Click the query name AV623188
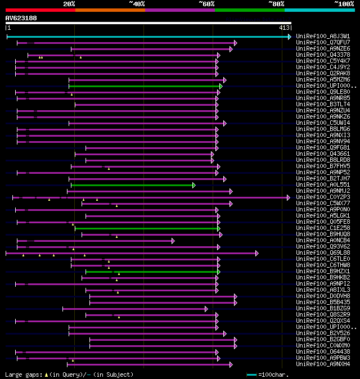pyautogui.click(x=21, y=18)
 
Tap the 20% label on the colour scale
pyautogui.click(x=69, y=4)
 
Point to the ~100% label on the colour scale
pyautogui.click(x=344, y=4)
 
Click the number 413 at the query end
pyautogui.click(x=283, y=27)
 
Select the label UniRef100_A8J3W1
pyautogui.click(x=322, y=36)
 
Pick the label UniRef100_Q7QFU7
pyautogui.click(x=322, y=42)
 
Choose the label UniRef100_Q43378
pyautogui.click(x=322, y=55)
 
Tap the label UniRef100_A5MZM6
pyautogui.click(x=322, y=79)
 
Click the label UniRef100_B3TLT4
pyautogui.click(x=322, y=104)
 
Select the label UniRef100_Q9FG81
pyautogui.click(x=322, y=147)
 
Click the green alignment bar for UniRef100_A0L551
pyautogui.click(x=132, y=184)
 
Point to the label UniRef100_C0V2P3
pyautogui.click(x=322, y=197)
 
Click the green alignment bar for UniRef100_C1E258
pyautogui.click(x=146, y=228)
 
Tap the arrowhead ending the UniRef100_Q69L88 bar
pyautogui.click(x=257, y=253)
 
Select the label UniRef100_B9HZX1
pyautogui.click(x=322, y=271)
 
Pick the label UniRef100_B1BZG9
pyautogui.click(x=322, y=308)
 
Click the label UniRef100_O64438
pyautogui.click(x=322, y=351)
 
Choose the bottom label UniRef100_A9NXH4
pyautogui.click(x=322, y=364)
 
